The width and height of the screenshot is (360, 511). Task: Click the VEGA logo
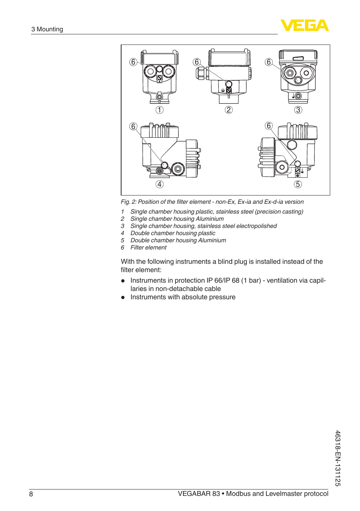[305, 25]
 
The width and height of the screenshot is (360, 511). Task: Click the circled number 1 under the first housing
[160, 110]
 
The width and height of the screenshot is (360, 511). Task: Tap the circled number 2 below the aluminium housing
[229, 110]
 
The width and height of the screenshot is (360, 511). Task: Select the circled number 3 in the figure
[298, 110]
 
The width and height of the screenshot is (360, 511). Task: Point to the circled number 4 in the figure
[160, 184]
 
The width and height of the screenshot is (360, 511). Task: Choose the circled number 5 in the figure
[298, 184]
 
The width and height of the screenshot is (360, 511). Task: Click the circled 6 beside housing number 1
[133, 62]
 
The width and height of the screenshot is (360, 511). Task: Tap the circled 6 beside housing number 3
[269, 62]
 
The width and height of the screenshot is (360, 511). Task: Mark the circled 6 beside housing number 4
[133, 126]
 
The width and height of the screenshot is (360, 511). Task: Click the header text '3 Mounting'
[47, 29]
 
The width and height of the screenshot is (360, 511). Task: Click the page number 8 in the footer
[31, 494]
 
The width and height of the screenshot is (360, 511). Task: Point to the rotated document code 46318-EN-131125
[338, 458]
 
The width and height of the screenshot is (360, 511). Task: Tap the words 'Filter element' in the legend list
[148, 248]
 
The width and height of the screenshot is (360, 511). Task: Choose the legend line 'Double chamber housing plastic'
[173, 233]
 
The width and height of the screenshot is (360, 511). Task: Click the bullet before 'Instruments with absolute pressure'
[123, 297]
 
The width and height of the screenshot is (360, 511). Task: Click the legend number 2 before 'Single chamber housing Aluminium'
[123, 219]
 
